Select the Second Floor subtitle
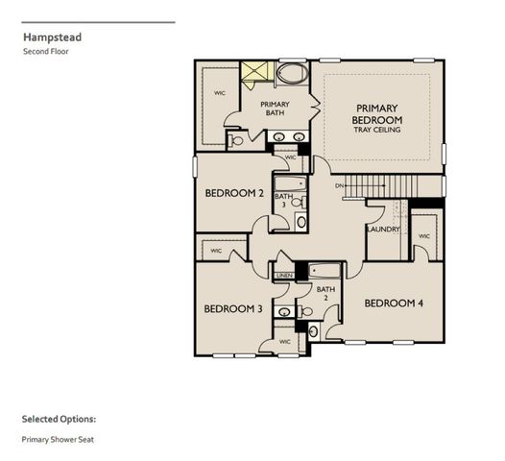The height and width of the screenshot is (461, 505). click(x=45, y=52)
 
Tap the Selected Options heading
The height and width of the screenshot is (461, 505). click(x=59, y=419)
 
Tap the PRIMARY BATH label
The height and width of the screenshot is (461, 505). click(x=276, y=109)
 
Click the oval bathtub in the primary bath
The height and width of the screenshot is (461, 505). click(x=289, y=74)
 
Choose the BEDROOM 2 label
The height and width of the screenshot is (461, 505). click(x=234, y=193)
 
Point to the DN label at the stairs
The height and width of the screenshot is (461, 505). click(x=339, y=184)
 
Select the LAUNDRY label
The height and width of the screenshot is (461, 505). click(x=382, y=229)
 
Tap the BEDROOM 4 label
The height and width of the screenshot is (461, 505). click(x=393, y=303)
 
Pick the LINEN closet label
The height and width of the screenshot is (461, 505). click(x=284, y=276)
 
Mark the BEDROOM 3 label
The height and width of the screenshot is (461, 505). click(x=232, y=308)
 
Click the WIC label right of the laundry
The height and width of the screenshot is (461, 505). click(x=423, y=235)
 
